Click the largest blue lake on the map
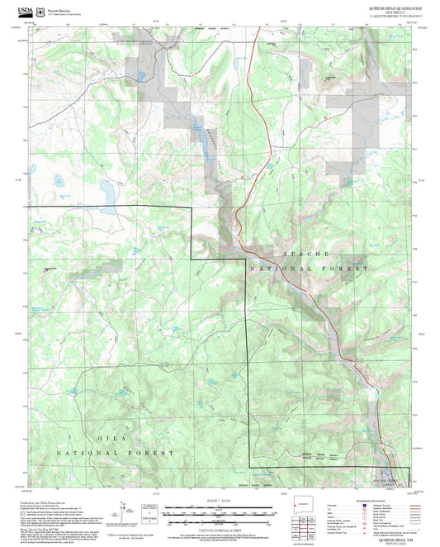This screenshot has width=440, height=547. point(106,191)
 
